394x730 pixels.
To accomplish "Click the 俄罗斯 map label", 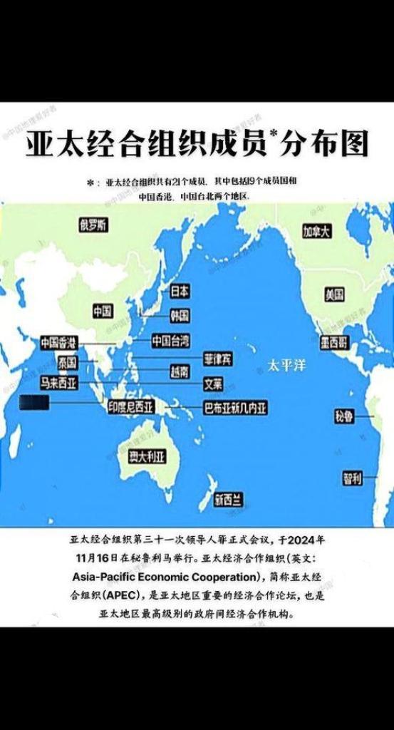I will tap(94, 225).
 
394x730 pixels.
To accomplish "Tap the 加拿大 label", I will tap(316, 232).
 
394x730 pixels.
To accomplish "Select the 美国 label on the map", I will tap(334, 294).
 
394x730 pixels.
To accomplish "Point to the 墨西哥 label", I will tap(334, 343).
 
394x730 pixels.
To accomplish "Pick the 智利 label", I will tap(352, 478).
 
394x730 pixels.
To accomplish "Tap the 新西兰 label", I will tap(228, 500).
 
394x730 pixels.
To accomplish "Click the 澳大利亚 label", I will tap(147, 457).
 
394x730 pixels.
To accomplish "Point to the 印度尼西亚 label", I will tap(135, 407).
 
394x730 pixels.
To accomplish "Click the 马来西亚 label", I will tap(59, 382).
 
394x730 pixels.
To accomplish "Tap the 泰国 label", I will tap(68, 361).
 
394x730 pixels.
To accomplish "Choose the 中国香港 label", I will tap(59, 342).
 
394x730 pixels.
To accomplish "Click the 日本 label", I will tap(180, 291).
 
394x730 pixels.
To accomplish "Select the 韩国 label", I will tap(180, 315).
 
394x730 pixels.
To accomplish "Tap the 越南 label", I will tap(180, 371).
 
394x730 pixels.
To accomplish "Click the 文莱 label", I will tap(213, 384).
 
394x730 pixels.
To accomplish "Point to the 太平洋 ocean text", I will tap(286, 365).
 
